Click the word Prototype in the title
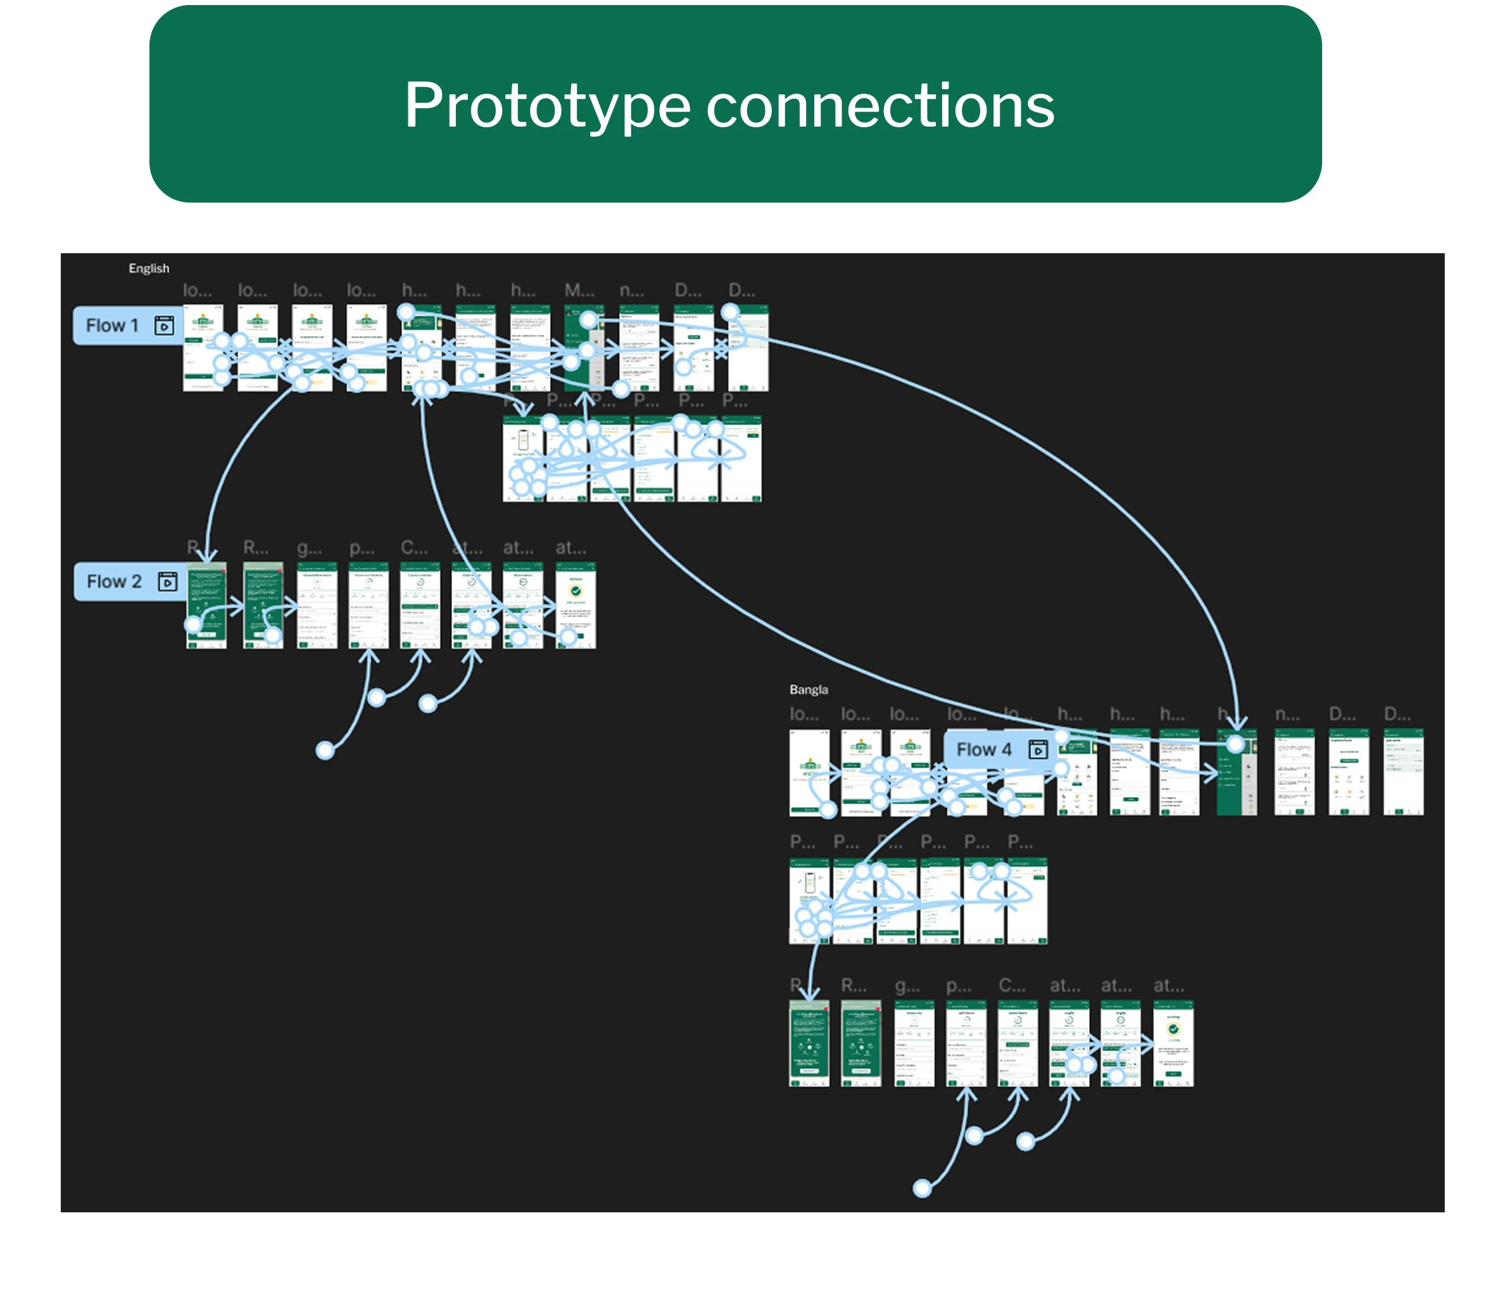pos(546,107)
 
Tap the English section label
pos(149,268)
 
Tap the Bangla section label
pos(808,689)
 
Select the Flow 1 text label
pos(112,325)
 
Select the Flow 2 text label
pos(113,581)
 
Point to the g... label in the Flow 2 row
pos(310,547)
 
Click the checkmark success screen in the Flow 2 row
pos(576,605)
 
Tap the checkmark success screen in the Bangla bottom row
pos(1173,1043)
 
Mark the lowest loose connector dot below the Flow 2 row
pos(325,750)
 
